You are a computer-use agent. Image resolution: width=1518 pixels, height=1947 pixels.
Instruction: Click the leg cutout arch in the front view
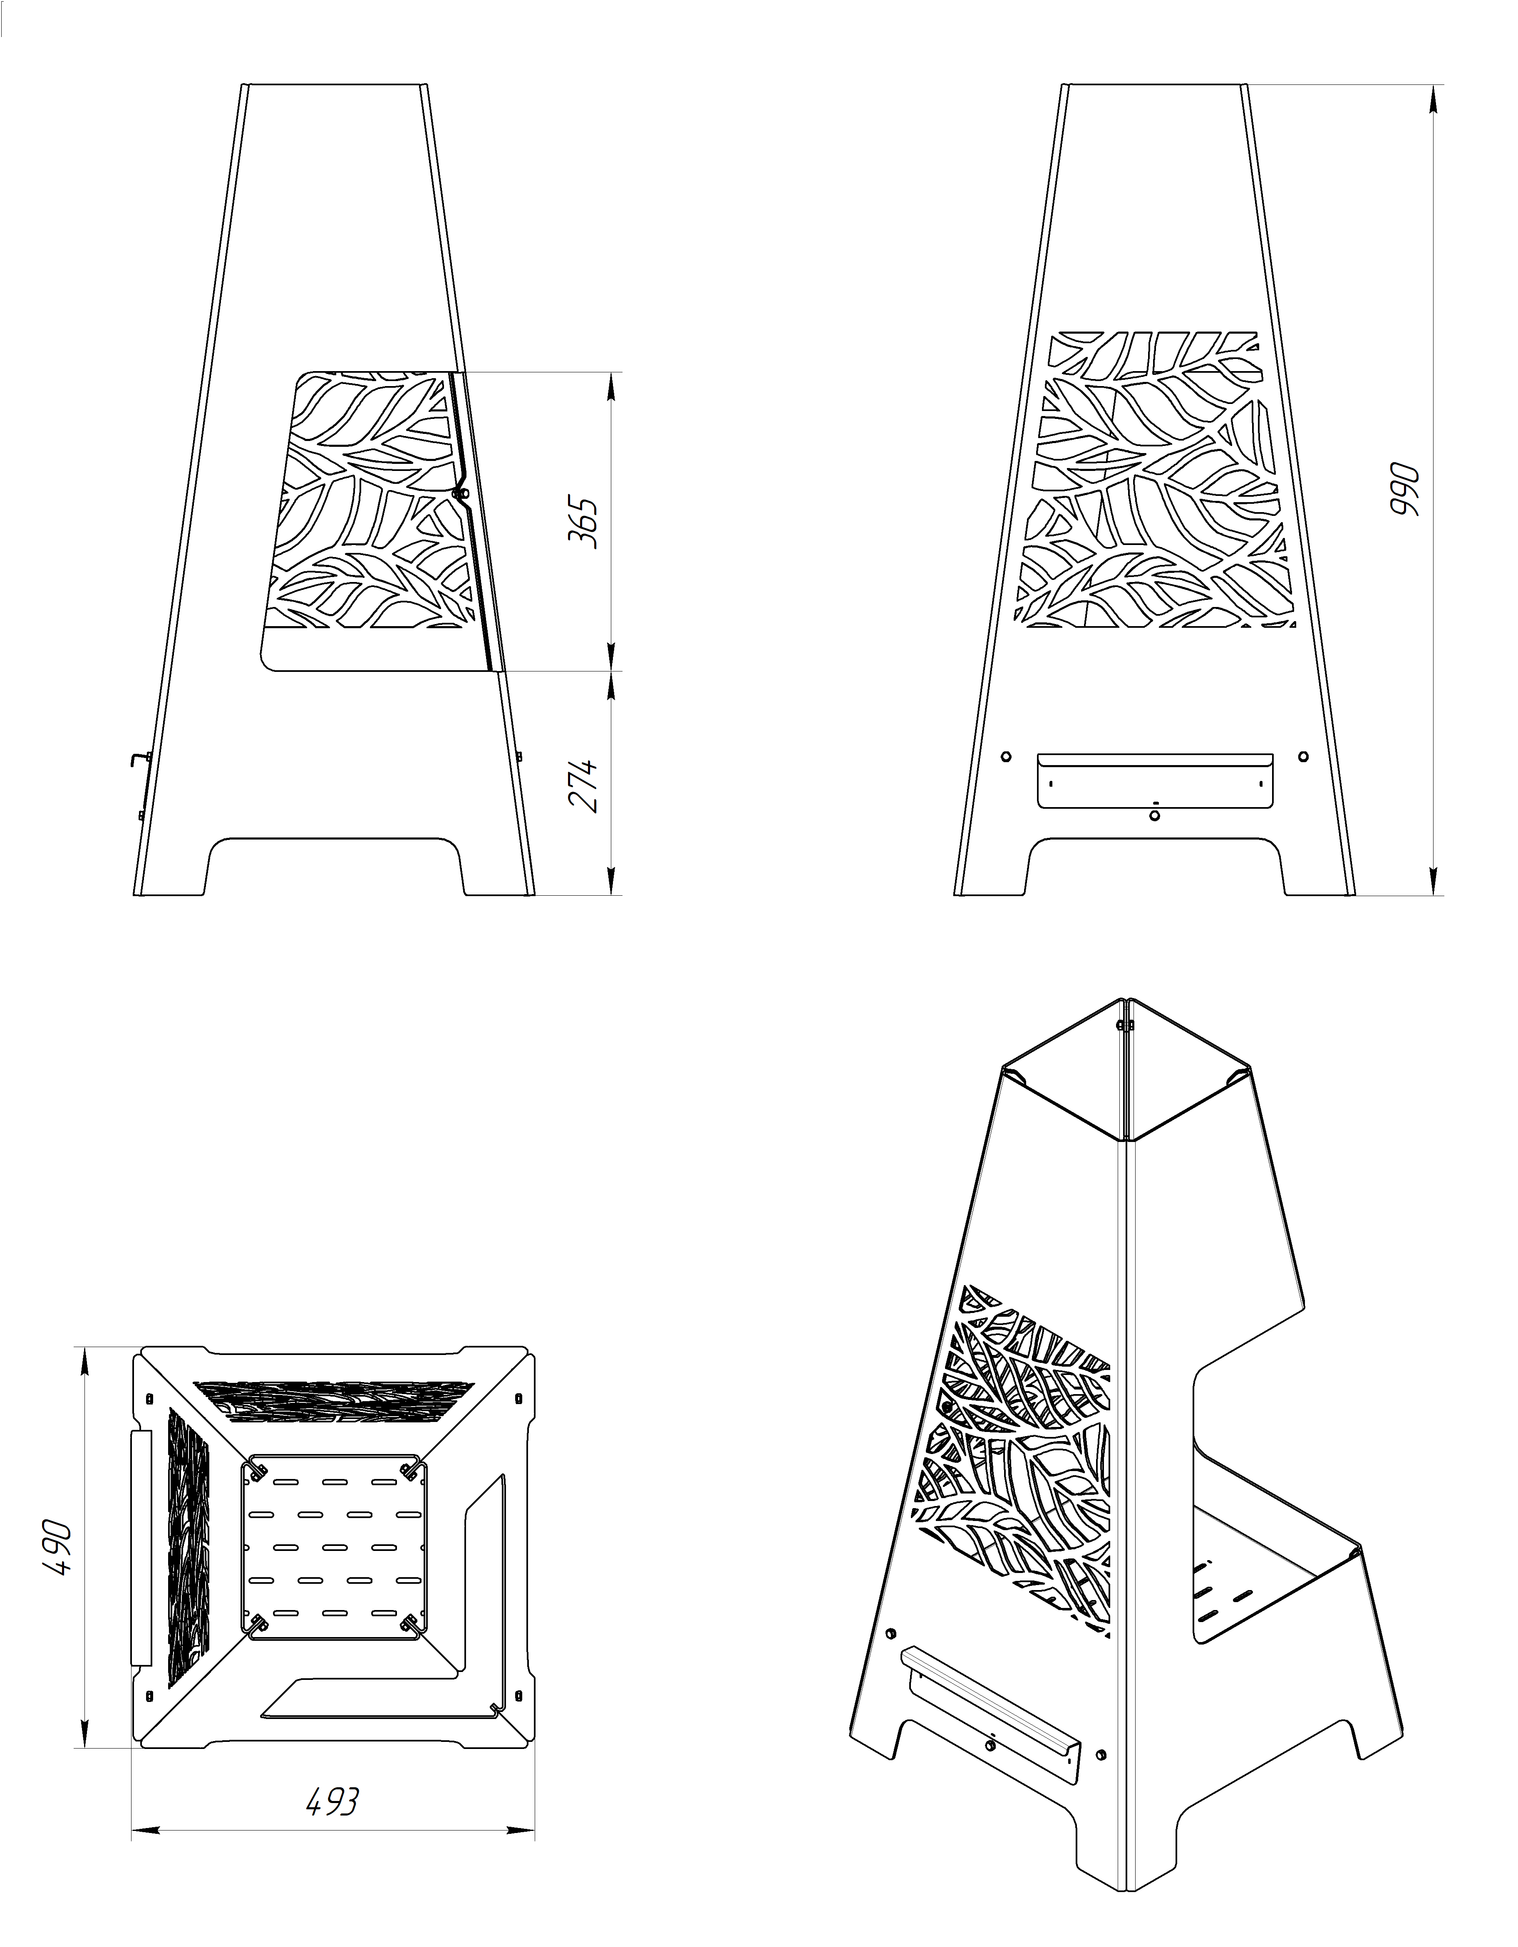click(x=1155, y=839)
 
